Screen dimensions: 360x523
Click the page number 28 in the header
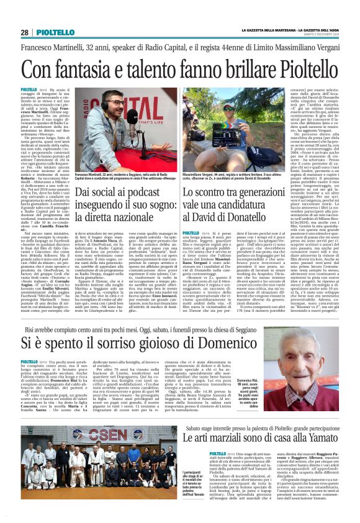click(x=24, y=32)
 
